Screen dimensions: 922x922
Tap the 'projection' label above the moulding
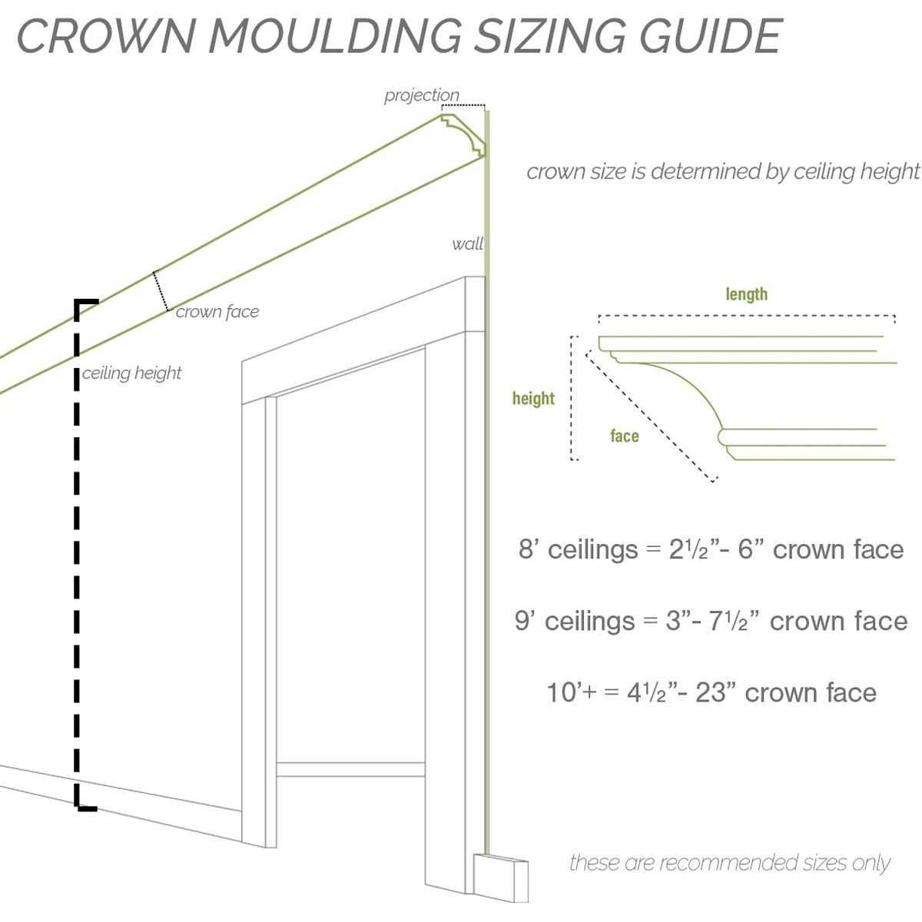[x=421, y=95]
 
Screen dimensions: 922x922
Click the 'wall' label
[x=467, y=244]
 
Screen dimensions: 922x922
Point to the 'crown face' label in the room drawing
[x=217, y=312]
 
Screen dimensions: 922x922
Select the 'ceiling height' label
[x=132, y=373]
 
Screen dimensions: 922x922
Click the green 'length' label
[x=746, y=294]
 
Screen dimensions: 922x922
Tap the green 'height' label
[x=533, y=398]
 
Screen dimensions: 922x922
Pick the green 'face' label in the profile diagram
[x=624, y=436]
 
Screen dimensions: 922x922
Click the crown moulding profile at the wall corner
[x=464, y=135]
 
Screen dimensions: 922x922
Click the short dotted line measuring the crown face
[x=161, y=291]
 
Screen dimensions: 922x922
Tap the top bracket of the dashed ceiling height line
[x=85, y=302]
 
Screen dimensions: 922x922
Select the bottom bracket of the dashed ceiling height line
[x=85, y=806]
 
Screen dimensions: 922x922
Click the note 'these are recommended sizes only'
[x=729, y=863]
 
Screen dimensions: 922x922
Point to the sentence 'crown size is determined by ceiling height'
[x=722, y=171]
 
